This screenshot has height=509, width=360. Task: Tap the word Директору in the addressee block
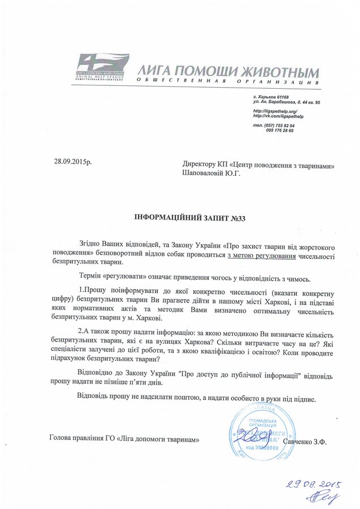coord(194,166)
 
